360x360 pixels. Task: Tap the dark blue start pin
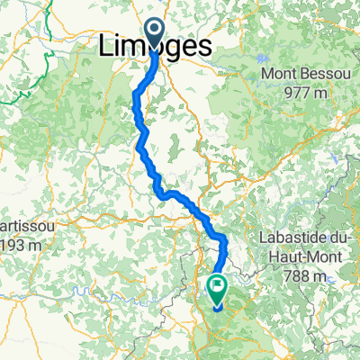tap(155, 35)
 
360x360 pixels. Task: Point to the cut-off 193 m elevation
tap(18, 244)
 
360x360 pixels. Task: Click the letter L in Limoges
tap(104, 46)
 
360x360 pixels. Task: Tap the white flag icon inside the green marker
tap(217, 287)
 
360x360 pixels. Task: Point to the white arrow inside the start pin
tap(155, 32)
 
